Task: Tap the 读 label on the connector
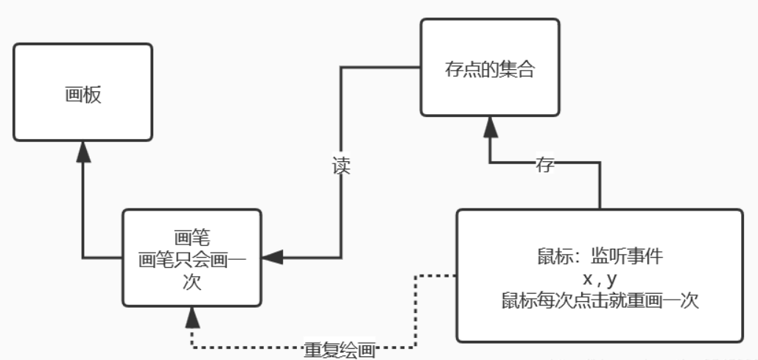[x=340, y=166]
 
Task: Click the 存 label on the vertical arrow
[x=545, y=165]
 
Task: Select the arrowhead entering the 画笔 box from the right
[x=272, y=258]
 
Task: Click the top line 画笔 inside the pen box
[x=192, y=238]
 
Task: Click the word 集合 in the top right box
[x=515, y=71]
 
